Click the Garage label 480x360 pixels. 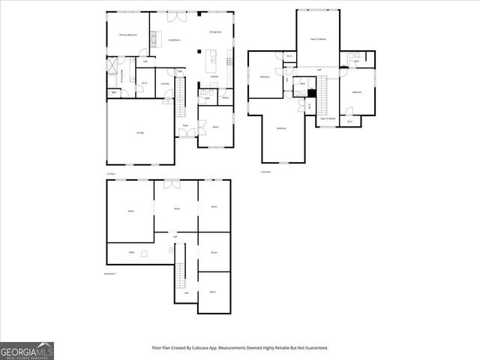tap(140, 133)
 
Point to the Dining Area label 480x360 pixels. tap(214, 33)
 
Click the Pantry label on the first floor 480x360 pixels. tap(225, 98)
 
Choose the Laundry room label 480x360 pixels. tap(165, 84)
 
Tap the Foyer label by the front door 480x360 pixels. tap(184, 125)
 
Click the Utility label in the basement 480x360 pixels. tap(131, 253)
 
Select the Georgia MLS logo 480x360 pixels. tap(27, 350)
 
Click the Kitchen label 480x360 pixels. tap(214, 77)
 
